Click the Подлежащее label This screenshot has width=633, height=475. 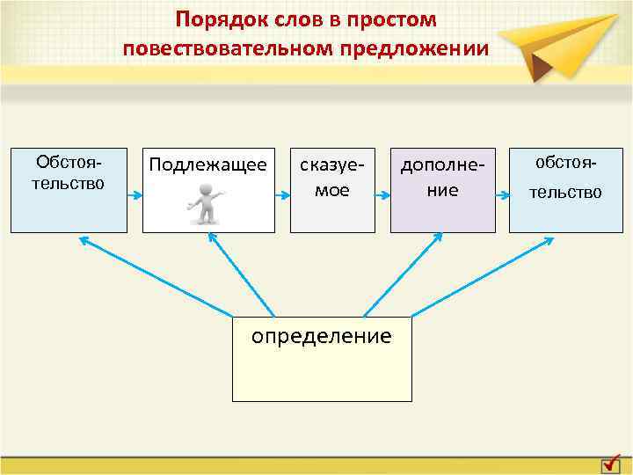click(208, 164)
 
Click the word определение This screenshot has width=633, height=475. click(322, 336)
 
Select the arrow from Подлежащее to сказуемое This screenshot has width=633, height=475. click(282, 191)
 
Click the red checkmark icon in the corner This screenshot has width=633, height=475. click(614, 462)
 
